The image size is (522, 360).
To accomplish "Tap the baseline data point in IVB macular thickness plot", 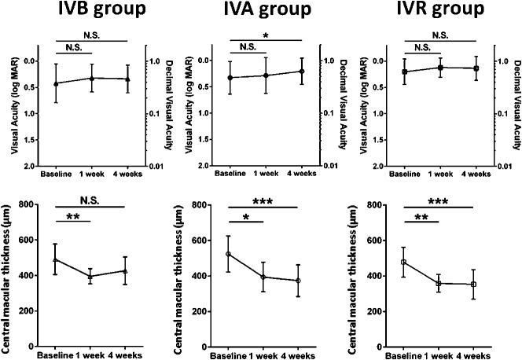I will pyautogui.click(x=55, y=259).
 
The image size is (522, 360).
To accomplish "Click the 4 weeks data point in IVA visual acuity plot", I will pyautogui.click(x=300, y=72).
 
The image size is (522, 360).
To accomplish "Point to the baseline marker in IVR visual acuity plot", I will pyautogui.click(x=404, y=72).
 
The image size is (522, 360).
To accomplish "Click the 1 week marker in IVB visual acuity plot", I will pyautogui.click(x=92, y=78).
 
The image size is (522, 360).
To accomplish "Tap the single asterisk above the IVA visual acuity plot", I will pyautogui.click(x=266, y=36).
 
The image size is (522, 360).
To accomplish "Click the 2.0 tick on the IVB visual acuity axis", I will pyautogui.click(x=31, y=166).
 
